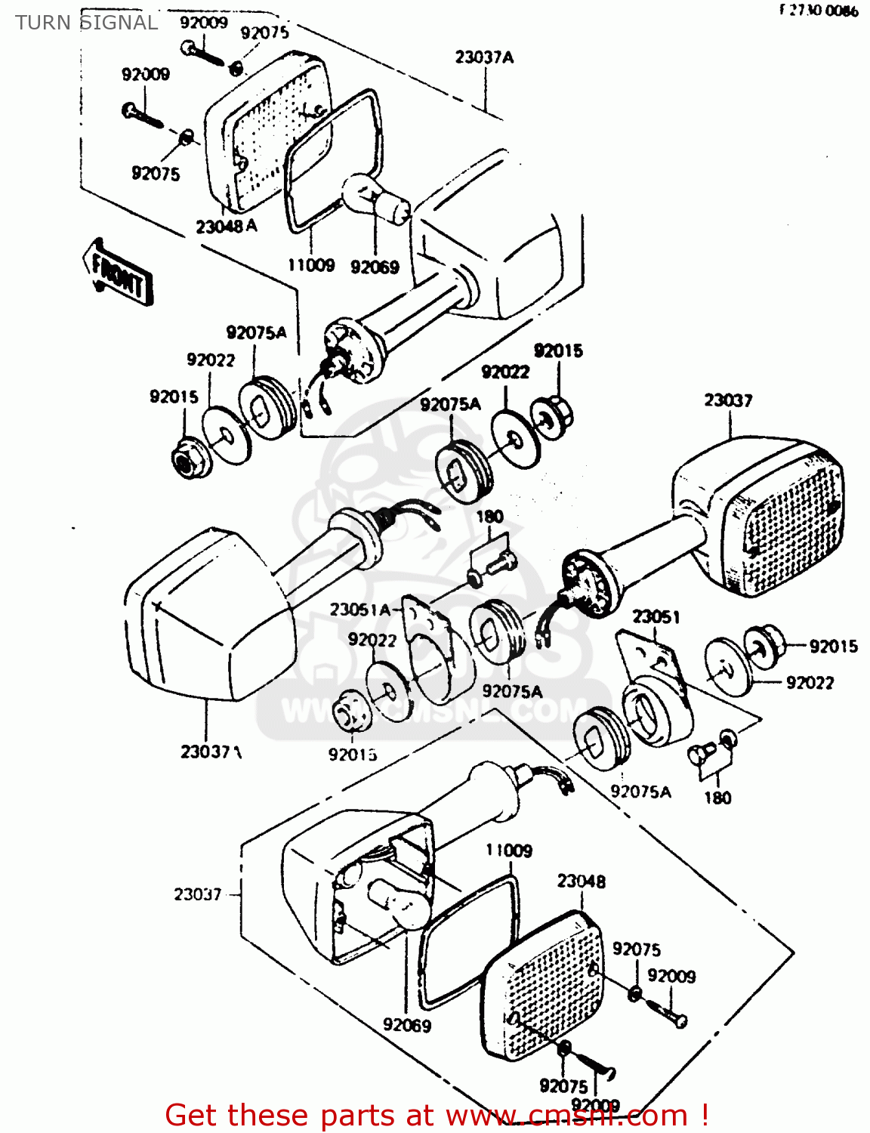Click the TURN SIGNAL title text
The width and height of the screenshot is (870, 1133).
(86, 23)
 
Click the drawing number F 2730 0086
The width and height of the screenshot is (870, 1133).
(819, 11)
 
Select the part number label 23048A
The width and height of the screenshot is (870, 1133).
(226, 226)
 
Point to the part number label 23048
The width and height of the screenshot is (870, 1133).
(581, 881)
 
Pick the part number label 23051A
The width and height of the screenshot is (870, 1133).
(360, 610)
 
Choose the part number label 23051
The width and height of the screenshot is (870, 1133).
(656, 617)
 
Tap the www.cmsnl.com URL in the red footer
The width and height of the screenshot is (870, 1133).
(567, 1116)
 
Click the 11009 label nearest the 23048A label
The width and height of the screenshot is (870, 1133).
(311, 265)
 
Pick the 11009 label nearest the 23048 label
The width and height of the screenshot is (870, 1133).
(509, 851)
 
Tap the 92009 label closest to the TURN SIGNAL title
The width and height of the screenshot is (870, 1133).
(204, 23)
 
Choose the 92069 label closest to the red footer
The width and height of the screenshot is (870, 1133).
(406, 1025)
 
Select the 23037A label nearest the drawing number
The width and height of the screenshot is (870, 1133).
(484, 57)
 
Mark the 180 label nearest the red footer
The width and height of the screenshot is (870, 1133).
(717, 798)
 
